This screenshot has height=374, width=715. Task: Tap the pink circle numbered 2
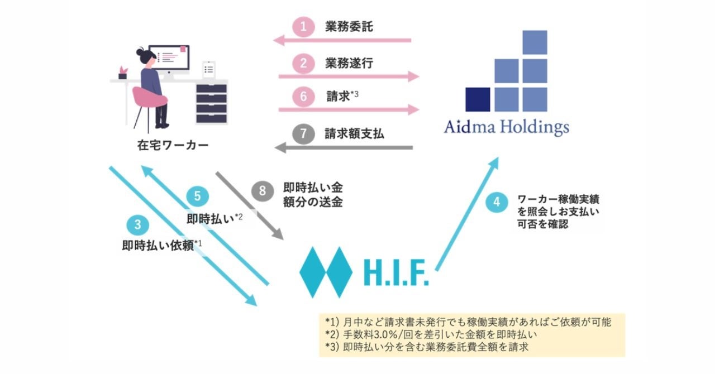(303, 63)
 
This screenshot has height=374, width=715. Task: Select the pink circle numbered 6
(303, 97)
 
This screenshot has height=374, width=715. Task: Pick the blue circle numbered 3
(137, 226)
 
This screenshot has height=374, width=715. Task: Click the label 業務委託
(349, 27)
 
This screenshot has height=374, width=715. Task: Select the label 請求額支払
(354, 134)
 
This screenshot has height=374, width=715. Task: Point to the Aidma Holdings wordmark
(506, 127)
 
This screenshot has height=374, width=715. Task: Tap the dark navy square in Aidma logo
(478, 99)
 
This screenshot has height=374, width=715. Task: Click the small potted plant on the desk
(122, 73)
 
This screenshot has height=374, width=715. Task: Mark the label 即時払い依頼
(159, 246)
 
